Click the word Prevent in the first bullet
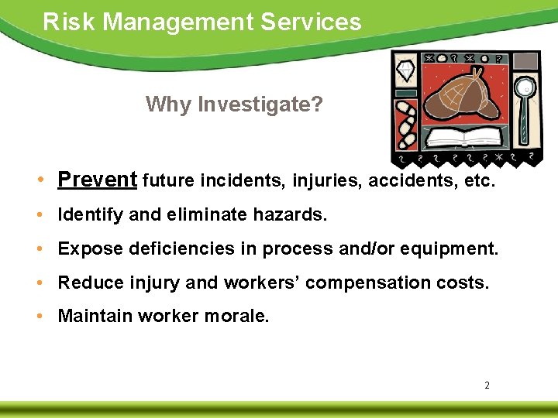pos(97,180)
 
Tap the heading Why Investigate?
pos(234,104)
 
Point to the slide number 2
pos(487,385)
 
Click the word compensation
pos(367,283)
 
